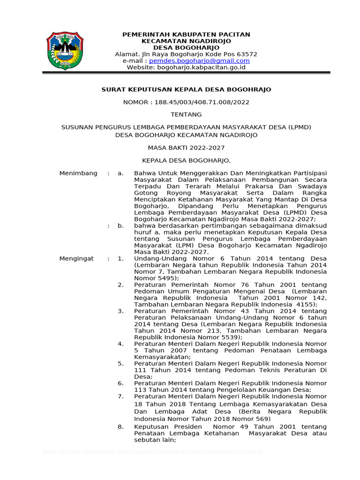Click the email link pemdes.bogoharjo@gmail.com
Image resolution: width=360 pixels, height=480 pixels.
coord(199,61)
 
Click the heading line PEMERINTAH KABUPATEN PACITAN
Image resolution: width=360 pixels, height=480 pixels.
coord(186,35)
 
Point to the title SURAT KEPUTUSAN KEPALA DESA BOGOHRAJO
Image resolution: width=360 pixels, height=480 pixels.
coord(186,90)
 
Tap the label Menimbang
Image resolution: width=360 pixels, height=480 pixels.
coord(78,173)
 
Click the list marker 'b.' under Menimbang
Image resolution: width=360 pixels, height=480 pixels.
coord(120,225)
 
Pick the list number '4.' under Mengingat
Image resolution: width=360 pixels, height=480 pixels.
coord(120,344)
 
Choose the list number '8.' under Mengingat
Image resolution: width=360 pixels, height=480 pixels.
coord(120,427)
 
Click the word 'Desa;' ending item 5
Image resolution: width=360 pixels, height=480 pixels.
coord(143,376)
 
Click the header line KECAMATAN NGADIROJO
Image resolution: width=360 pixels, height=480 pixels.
coord(186,41)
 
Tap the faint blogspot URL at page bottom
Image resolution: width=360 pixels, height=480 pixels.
coord(153,452)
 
